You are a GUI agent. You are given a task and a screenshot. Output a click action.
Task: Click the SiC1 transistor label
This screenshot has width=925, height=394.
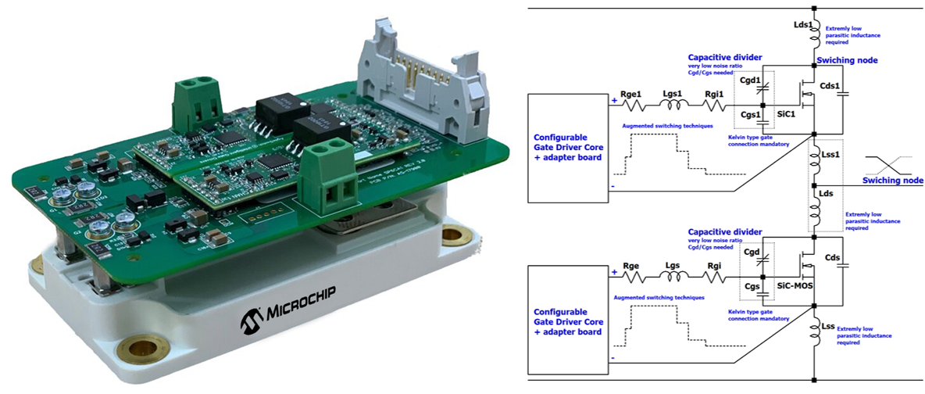point(786,114)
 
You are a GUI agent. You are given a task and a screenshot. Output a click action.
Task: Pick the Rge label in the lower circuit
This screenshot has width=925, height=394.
point(631,266)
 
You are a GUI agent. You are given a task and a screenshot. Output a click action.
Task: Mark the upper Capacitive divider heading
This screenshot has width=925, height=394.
point(724,57)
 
